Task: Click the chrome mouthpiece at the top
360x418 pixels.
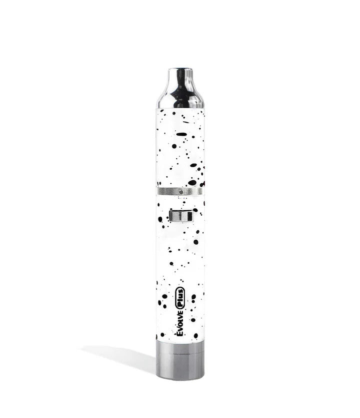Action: tap(180, 90)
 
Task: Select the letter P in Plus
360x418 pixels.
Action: tap(180, 300)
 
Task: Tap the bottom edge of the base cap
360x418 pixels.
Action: tap(180, 378)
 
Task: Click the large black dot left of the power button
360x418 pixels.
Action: tap(160, 219)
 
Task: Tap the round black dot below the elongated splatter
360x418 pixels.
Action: tap(175, 146)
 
